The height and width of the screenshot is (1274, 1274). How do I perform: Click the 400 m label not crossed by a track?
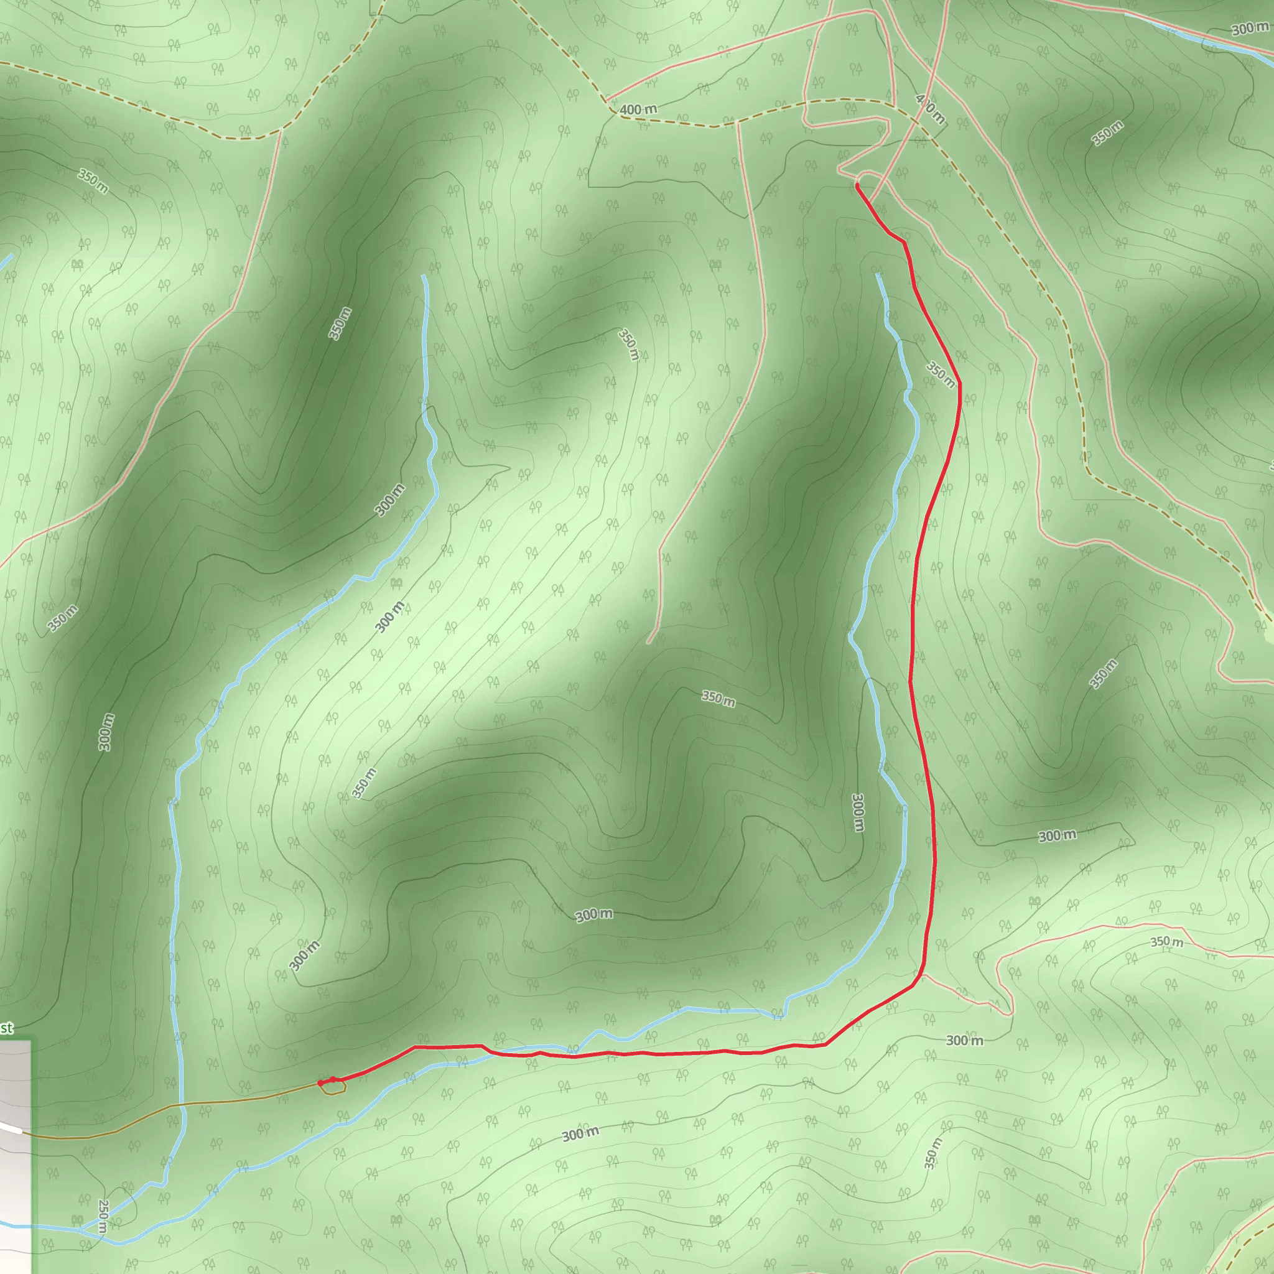(638, 109)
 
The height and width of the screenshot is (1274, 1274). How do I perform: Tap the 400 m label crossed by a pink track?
(930, 109)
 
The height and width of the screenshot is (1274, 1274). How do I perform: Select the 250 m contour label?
(103, 1216)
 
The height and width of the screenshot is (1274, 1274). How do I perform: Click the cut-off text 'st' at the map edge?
(7, 1028)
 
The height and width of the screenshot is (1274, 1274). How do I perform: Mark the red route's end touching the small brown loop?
(320, 1084)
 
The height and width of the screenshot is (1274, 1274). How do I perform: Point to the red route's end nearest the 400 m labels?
(857, 187)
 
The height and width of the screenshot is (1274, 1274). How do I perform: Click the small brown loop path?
(333, 1089)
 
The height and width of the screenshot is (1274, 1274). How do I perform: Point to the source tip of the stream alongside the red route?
(878, 274)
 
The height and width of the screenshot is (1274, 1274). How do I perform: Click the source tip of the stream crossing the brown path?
(422, 276)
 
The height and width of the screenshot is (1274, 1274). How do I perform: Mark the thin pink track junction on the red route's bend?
(922, 975)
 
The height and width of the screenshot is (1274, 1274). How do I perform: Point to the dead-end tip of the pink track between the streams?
(649, 642)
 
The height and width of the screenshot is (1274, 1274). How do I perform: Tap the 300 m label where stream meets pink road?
(1250, 29)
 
